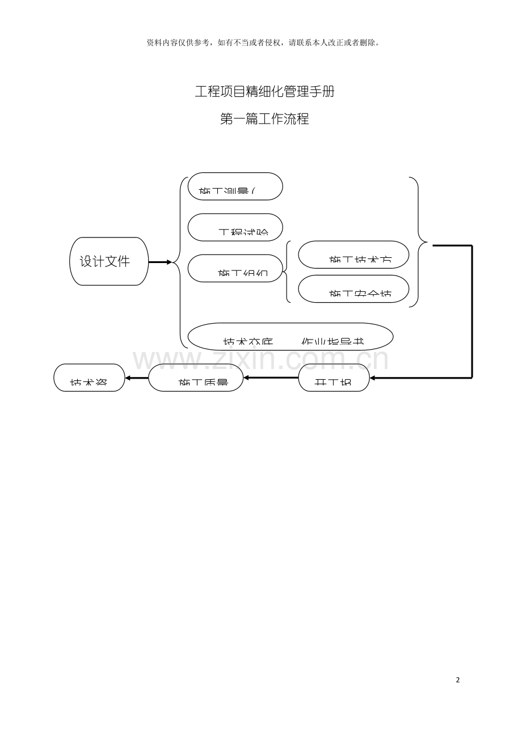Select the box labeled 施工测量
[x=235, y=186]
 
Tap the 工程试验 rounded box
[x=235, y=227]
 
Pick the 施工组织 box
[x=235, y=268]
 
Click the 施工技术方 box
[x=353, y=255]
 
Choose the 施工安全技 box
[x=353, y=289]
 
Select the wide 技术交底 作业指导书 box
[x=291, y=337]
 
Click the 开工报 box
[x=334, y=378]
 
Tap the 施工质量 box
[x=196, y=378]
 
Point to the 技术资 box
[x=89, y=378]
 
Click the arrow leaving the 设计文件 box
[x=160, y=262]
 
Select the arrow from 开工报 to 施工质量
[x=271, y=378]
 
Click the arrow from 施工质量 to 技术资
[x=137, y=378]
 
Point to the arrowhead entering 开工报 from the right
[x=373, y=378]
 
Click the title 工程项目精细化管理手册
[x=264, y=91]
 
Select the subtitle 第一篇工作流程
[x=264, y=119]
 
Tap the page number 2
[x=458, y=680]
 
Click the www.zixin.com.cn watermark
[x=261, y=359]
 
